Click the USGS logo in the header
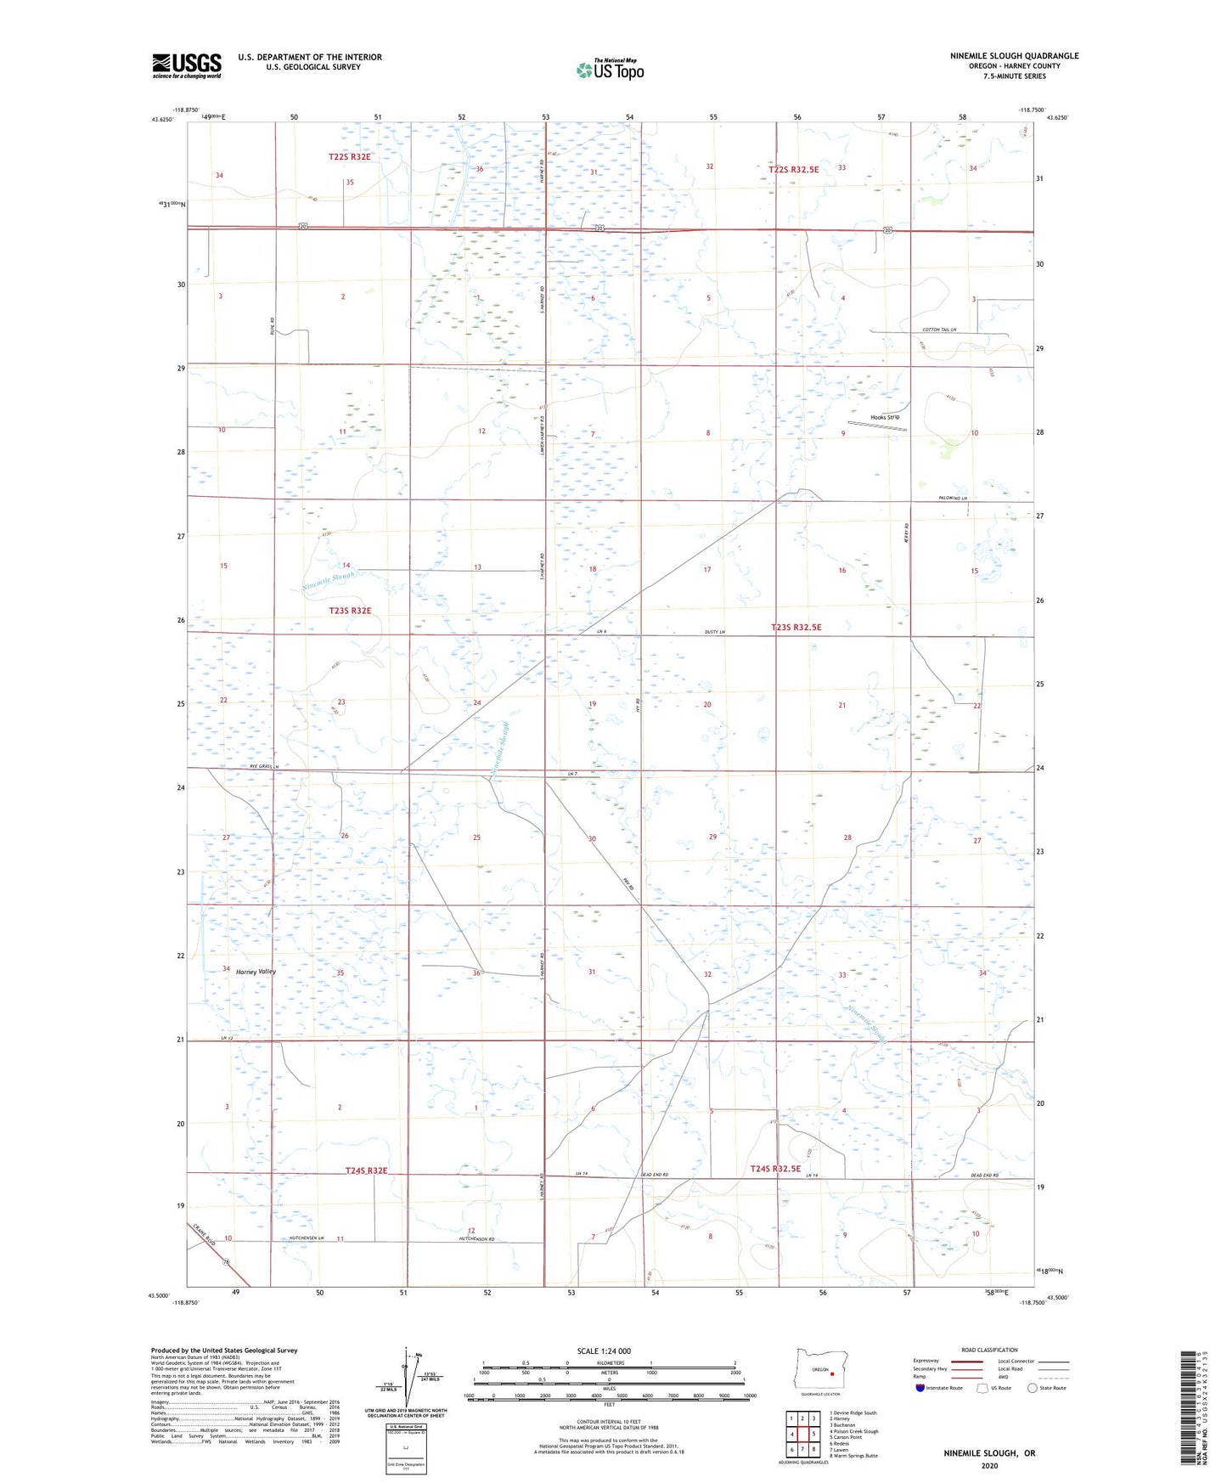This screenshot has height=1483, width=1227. (187, 65)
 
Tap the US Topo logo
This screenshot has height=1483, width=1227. (610, 70)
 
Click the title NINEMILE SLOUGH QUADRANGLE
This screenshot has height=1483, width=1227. (1014, 56)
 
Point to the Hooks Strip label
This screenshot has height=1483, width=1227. (885, 417)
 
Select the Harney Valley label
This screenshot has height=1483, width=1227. (256, 972)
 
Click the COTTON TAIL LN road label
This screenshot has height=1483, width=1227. (938, 330)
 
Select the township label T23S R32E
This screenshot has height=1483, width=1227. (350, 611)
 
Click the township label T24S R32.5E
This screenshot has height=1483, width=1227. (775, 1169)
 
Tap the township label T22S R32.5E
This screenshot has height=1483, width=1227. (793, 170)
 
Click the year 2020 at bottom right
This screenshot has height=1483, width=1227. (989, 1465)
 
